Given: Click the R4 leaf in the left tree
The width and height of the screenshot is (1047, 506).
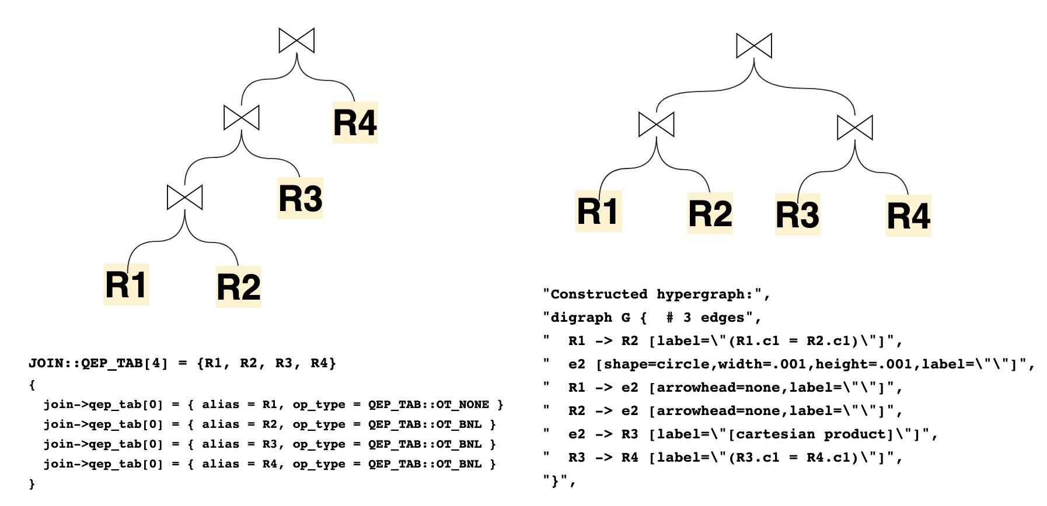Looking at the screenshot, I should pyautogui.click(x=355, y=122).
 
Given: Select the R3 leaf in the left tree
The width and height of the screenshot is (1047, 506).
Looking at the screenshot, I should pyautogui.click(x=300, y=198).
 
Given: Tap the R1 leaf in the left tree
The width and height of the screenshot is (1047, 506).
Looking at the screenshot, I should pyautogui.click(x=126, y=284).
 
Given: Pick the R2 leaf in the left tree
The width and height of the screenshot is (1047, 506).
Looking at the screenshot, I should pyautogui.click(x=238, y=286).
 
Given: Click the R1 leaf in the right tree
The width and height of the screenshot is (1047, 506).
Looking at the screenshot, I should pyautogui.click(x=598, y=211).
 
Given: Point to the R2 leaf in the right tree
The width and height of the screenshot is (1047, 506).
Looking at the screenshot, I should pyautogui.click(x=710, y=213).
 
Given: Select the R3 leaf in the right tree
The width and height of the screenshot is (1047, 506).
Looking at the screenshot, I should pyautogui.click(x=797, y=215).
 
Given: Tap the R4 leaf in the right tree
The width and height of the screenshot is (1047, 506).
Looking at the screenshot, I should pyautogui.click(x=908, y=216).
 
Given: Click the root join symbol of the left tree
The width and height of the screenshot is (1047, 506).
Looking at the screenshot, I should pyautogui.click(x=296, y=40).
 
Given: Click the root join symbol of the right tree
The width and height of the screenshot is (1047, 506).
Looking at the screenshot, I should pyautogui.click(x=754, y=45).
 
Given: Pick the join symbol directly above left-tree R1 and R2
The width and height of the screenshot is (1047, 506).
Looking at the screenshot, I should pyautogui.click(x=184, y=197).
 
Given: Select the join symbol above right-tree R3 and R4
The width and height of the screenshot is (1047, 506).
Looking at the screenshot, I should pyautogui.click(x=854, y=127).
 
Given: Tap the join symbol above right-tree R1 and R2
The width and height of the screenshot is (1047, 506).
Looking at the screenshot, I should pyautogui.click(x=656, y=124).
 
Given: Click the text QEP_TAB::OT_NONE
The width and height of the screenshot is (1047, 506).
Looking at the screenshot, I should pyautogui.click(x=428, y=405).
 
